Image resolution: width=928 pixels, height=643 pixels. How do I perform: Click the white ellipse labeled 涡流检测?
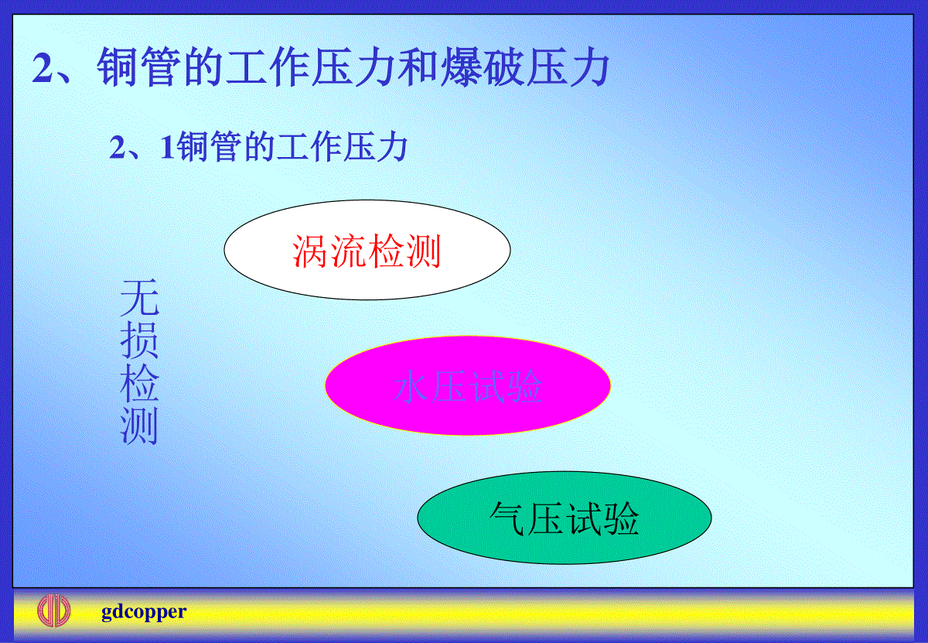[x=367, y=250]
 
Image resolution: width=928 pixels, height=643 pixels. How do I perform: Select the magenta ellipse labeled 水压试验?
[x=467, y=385]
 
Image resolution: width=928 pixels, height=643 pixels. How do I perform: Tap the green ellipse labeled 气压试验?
[x=565, y=518]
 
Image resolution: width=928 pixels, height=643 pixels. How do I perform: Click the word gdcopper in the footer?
[x=144, y=612]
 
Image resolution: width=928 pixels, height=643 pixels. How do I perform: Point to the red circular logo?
[x=54, y=611]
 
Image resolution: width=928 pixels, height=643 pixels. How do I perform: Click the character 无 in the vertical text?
[x=139, y=298]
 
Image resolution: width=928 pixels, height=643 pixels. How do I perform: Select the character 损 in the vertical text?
[x=139, y=340]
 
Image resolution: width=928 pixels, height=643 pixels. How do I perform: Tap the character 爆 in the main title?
[x=461, y=67]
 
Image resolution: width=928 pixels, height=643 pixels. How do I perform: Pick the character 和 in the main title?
[x=418, y=67]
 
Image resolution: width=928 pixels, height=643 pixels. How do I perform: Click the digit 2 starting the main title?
[x=43, y=68]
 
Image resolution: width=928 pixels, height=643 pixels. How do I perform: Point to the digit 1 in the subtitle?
[x=167, y=147]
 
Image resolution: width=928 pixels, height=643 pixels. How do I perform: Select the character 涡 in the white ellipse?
[x=310, y=251]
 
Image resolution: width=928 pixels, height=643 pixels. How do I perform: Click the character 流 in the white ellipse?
[x=348, y=251]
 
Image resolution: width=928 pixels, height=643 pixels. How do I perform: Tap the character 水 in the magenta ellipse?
[x=411, y=386]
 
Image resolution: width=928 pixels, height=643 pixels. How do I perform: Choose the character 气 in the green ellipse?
[x=508, y=518]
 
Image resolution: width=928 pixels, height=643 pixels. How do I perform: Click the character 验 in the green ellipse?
[x=620, y=518]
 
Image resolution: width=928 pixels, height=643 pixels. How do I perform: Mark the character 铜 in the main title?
[x=118, y=67]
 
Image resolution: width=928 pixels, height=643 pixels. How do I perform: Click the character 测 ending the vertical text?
[x=139, y=426]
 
